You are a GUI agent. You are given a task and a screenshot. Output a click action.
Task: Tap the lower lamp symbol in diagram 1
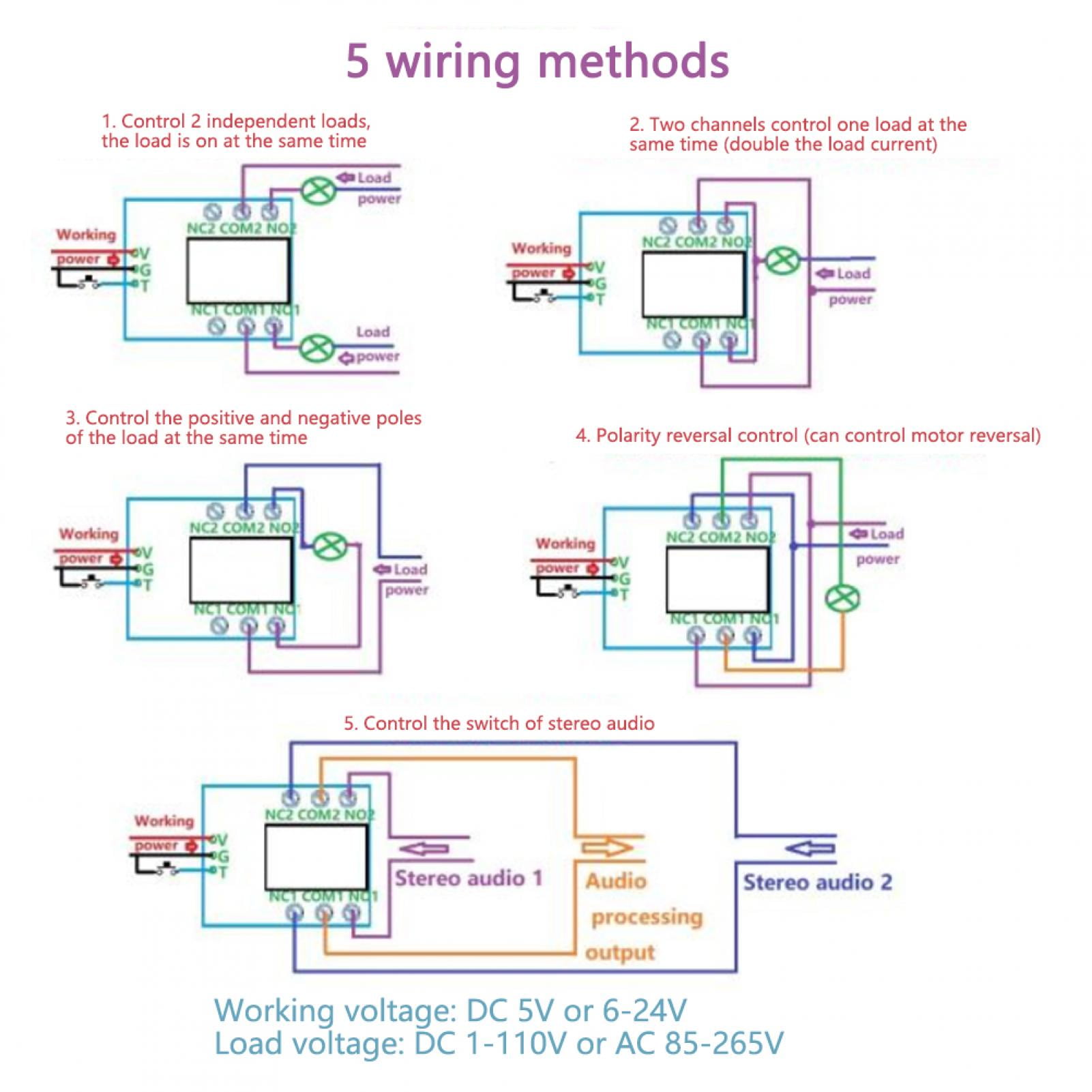[317, 349]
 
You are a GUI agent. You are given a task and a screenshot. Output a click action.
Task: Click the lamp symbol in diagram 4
[842, 598]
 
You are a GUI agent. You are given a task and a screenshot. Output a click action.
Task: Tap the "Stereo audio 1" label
[469, 878]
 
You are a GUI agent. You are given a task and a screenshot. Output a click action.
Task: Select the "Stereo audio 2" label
[817, 882]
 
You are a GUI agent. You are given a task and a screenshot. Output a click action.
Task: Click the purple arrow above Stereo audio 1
[423, 848]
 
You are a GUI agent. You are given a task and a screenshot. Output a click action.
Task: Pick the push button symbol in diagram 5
[166, 868]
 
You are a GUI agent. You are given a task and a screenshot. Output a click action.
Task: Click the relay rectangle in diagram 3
[241, 570]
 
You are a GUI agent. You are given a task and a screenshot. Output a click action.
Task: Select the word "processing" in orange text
[646, 917]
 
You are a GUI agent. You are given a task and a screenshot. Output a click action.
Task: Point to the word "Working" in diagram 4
[565, 544]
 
